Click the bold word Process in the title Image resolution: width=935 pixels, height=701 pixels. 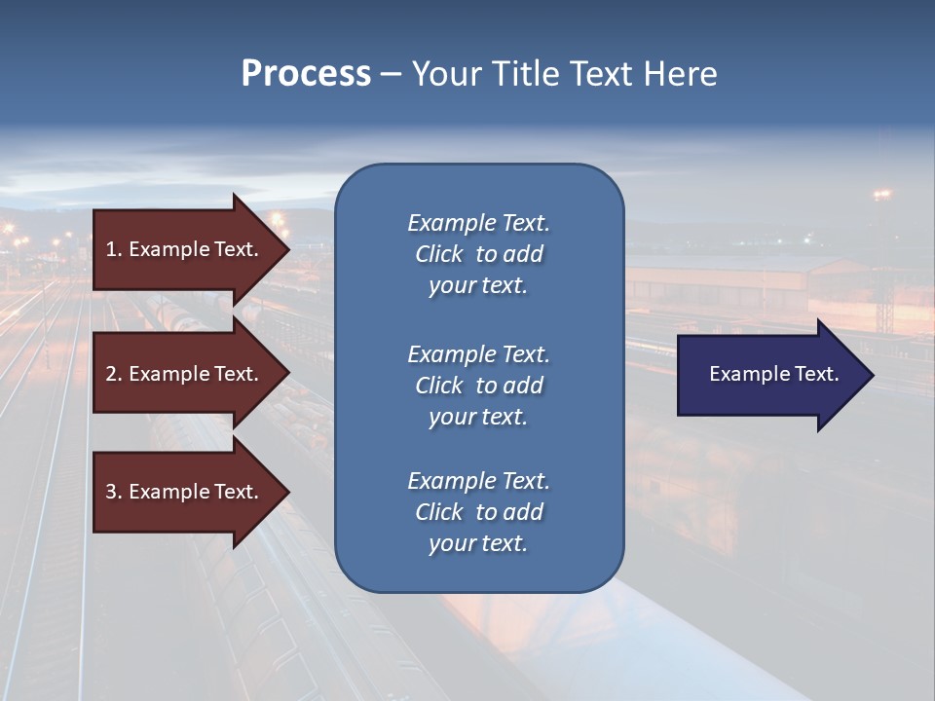(306, 74)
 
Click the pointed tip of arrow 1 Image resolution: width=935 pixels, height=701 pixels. (286, 249)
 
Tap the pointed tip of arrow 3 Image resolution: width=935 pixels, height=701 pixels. (286, 492)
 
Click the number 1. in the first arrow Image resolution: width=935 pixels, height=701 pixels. (114, 249)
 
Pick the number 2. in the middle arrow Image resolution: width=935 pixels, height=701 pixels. (114, 374)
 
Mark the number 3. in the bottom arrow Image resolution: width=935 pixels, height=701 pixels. (114, 492)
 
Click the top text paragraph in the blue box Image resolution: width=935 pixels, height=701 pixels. (478, 254)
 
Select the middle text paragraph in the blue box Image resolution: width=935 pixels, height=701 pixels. (478, 386)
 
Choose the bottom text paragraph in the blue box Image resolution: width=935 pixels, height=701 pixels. (478, 512)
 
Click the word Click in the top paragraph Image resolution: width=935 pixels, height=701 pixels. (438, 254)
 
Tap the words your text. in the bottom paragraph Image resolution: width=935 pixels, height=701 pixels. (478, 543)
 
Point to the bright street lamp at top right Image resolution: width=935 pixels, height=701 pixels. (882, 195)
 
